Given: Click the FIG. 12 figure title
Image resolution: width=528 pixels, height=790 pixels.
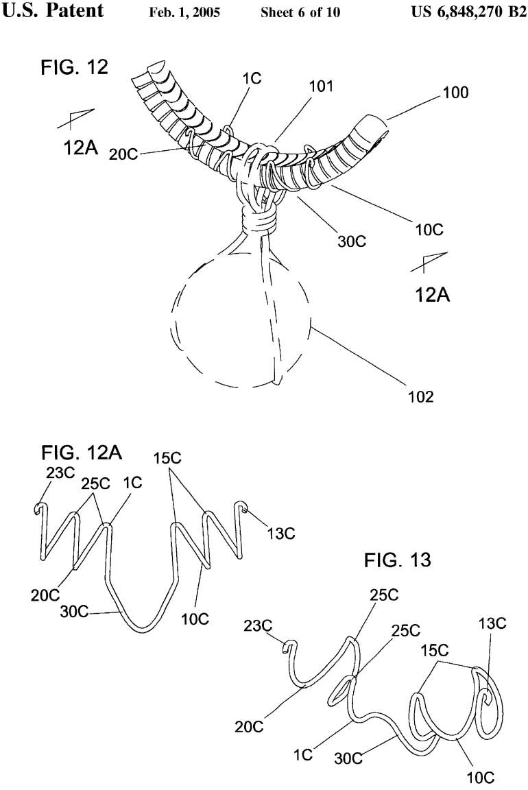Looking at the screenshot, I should tap(73, 69).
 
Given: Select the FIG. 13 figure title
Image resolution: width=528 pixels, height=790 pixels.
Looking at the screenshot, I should tap(397, 560).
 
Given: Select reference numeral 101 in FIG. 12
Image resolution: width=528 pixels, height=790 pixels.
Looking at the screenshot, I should tap(321, 86).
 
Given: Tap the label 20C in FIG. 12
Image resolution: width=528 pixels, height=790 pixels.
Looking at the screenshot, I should tap(124, 155).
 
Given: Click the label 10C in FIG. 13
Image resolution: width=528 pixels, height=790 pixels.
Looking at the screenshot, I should tap(478, 778).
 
